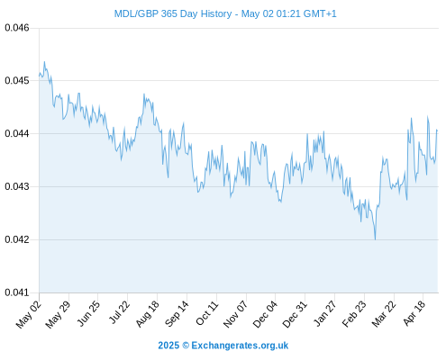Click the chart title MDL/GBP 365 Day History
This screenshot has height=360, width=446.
tap(173, 14)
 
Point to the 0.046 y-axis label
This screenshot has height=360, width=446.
tap(17, 28)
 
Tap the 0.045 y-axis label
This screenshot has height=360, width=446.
tap(17, 81)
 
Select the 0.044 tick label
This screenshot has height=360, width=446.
tap(17, 133)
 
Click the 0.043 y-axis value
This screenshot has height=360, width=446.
tap(17, 186)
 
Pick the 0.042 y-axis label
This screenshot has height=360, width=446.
tap(17, 239)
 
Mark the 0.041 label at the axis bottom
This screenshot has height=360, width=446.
tap(17, 292)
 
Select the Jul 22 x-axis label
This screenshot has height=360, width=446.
tap(119, 312)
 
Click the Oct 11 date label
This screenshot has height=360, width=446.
tap(206, 313)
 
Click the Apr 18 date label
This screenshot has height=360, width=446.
tap(414, 313)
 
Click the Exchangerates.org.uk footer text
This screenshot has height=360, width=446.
tap(240, 346)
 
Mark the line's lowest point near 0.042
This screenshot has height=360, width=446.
tap(375, 239)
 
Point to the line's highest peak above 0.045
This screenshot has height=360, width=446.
tap(44, 62)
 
